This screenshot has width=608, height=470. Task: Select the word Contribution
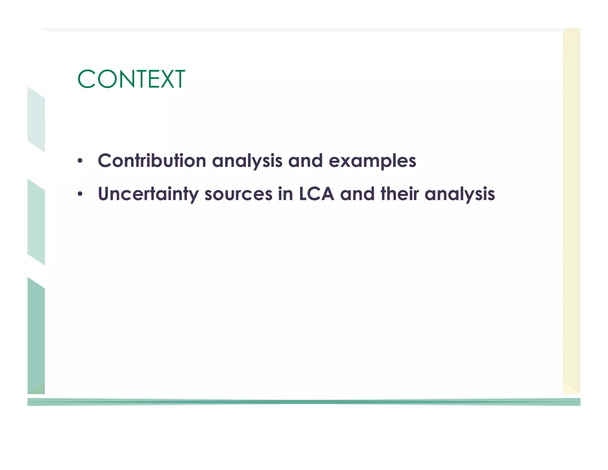[152, 161]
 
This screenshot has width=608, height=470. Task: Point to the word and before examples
[305, 161]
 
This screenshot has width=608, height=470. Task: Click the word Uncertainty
[148, 194]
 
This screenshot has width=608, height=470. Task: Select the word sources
[238, 194]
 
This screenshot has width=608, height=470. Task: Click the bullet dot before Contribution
[80, 161]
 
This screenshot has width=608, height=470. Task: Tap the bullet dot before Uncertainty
[80, 195]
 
